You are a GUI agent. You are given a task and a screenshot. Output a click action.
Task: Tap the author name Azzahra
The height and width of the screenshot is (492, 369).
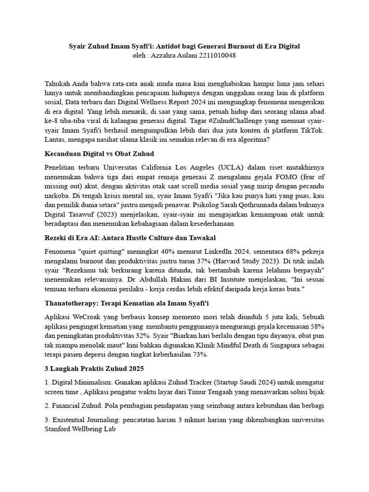tap(168, 55)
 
